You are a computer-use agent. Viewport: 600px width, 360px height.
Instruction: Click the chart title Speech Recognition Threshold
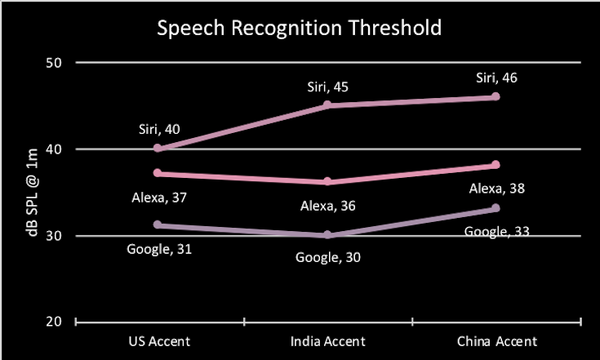pos(299,27)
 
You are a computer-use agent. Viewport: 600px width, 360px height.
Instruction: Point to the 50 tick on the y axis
pos(54,62)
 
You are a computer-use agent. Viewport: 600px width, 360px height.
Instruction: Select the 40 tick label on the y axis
pos(54,149)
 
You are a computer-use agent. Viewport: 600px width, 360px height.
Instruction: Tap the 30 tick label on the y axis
pos(54,236)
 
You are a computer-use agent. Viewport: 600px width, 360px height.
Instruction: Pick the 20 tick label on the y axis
pos(54,322)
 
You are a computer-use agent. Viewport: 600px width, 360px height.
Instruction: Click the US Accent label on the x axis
pos(160,340)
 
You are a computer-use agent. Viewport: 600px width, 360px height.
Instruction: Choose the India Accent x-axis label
pos(327,340)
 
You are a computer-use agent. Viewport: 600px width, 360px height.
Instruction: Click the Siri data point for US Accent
pos(159,149)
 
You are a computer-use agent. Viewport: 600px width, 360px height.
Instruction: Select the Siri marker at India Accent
pos(327,105)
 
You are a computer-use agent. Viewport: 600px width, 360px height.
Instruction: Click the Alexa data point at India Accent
pos(327,182)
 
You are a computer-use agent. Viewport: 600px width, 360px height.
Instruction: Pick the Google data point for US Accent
pos(159,225)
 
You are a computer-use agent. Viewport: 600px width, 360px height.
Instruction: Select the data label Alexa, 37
pos(159,197)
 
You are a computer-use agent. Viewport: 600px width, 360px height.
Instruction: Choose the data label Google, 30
pos(327,257)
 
